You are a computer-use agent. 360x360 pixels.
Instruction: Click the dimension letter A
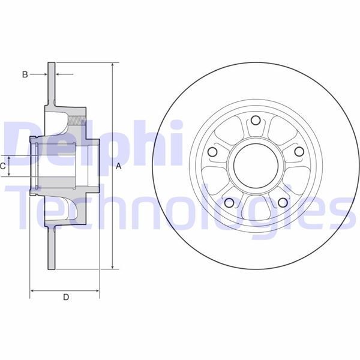(x=119, y=166)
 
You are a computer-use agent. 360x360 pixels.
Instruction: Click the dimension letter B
(x=25, y=74)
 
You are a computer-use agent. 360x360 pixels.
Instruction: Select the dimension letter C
(x=3, y=166)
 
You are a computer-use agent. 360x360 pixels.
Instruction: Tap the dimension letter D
(x=67, y=297)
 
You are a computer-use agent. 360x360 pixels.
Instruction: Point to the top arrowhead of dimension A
(x=113, y=64)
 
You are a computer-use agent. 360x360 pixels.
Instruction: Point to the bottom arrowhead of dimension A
(x=113, y=268)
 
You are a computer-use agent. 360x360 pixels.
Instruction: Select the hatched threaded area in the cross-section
(x=76, y=120)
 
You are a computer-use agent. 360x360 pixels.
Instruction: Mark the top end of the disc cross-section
(x=52, y=63)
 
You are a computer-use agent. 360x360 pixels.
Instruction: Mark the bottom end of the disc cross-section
(x=52, y=269)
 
